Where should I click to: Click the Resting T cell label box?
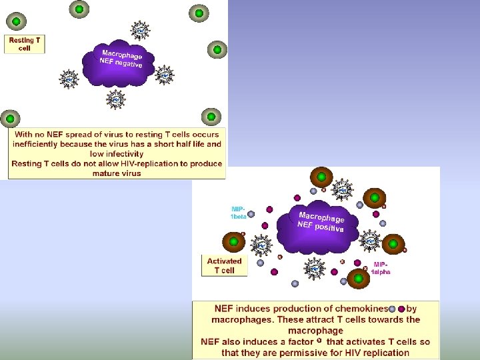click(x=25, y=44)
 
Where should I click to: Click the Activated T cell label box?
click(x=224, y=265)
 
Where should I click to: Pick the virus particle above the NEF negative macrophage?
click(x=140, y=30)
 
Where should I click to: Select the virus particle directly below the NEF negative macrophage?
click(x=116, y=100)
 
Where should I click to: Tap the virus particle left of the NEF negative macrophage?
click(x=69, y=79)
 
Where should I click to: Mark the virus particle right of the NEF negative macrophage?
click(x=164, y=75)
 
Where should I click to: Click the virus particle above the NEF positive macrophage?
click(x=342, y=189)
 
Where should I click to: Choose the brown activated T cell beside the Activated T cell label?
click(x=234, y=242)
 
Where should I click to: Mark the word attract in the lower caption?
click(x=329, y=319)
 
